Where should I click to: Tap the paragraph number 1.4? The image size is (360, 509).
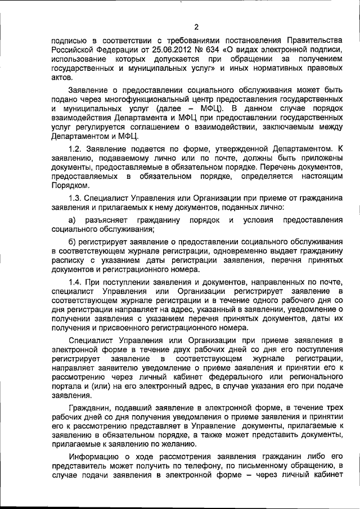(75, 281)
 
